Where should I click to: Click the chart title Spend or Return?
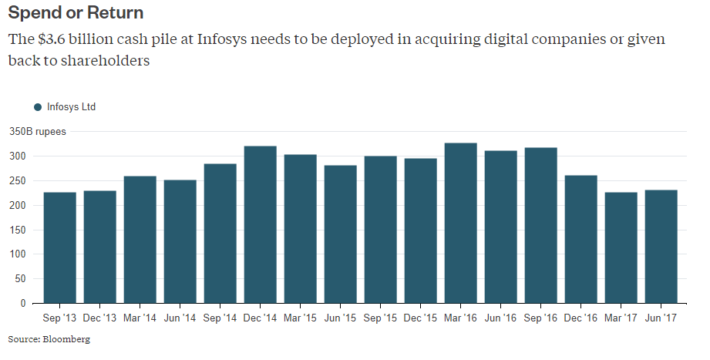point(76,13)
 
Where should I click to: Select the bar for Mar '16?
point(461,224)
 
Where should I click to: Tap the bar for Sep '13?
point(60,247)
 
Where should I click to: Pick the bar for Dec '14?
point(261,224)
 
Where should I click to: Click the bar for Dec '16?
point(581,239)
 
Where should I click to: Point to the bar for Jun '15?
point(341,234)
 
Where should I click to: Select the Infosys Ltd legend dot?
point(38,107)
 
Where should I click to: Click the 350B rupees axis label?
point(37,132)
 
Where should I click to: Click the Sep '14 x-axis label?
point(220,318)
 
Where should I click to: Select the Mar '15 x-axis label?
point(300,318)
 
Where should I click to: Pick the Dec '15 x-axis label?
point(420,318)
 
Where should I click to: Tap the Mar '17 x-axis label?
point(621,318)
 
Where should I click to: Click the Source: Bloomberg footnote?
point(49,339)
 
